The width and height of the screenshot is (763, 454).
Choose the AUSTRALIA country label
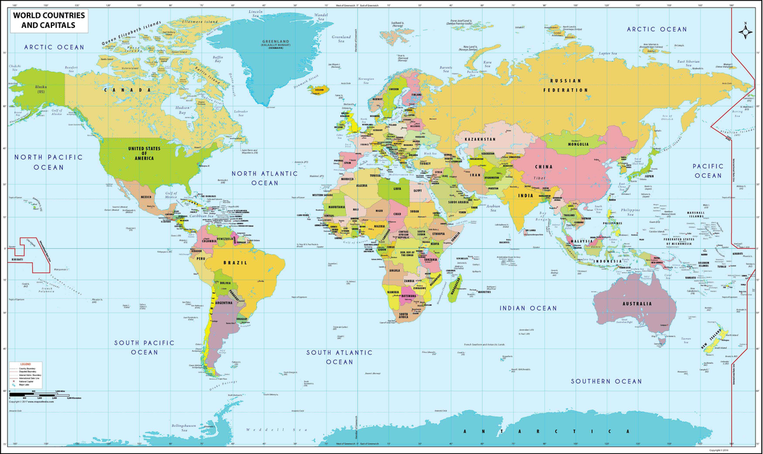(637, 304)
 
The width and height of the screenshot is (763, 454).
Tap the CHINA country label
(543, 167)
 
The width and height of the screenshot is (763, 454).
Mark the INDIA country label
(525, 196)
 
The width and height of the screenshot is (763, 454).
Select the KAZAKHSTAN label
(480, 138)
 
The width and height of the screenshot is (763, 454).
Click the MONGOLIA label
(575, 144)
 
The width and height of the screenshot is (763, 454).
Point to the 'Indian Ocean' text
(528, 308)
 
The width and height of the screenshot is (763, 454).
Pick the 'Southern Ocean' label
(606, 381)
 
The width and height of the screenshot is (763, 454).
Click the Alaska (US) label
(39, 89)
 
